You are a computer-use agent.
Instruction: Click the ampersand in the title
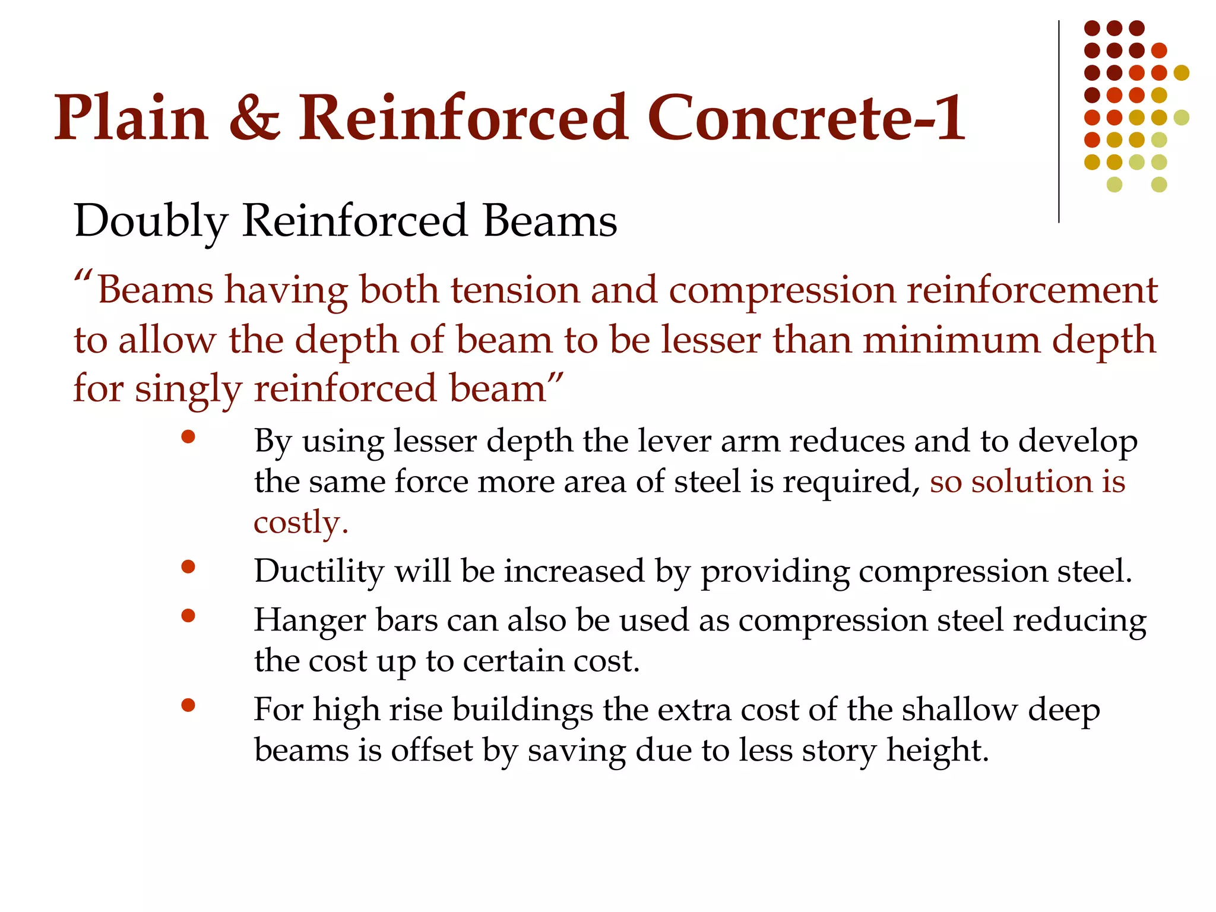pos(254,119)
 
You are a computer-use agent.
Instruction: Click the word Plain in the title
pos(131,119)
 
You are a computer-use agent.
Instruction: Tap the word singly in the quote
pos(188,391)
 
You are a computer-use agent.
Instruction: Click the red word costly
pos(300,522)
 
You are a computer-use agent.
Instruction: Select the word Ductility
pos(319,571)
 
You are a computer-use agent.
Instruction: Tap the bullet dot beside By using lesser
pos(188,438)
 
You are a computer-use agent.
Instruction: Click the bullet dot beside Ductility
pos(188,567)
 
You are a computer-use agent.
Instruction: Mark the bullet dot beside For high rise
pos(188,705)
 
